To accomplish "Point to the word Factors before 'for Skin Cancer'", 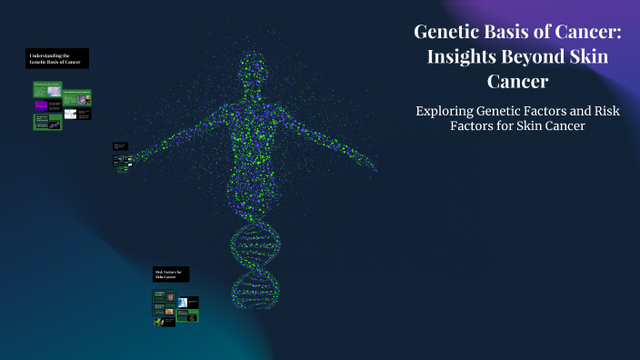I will pyautogui.click(x=478, y=126).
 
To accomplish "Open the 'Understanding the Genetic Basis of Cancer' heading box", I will pyautogui.click(x=57, y=59).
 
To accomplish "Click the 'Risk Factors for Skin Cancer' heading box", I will pyautogui.click(x=171, y=275).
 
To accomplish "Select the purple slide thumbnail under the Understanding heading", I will pyautogui.click(x=42, y=105).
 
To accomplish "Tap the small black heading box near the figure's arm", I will pyautogui.click(x=120, y=145).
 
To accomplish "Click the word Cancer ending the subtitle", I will pyautogui.click(x=559, y=126).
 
